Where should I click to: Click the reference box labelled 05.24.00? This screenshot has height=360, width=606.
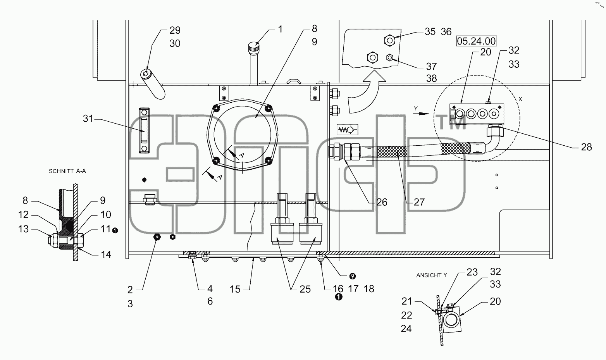point(477,41)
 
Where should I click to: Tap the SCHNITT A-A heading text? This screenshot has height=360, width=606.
point(67,171)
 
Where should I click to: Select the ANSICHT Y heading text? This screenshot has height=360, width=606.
point(432,275)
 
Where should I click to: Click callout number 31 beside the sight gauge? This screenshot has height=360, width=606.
point(88,119)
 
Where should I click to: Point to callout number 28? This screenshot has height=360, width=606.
point(586,147)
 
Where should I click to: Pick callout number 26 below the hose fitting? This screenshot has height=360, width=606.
point(382,202)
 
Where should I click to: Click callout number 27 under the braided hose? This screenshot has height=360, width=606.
point(419,202)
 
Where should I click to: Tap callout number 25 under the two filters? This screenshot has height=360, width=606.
point(305,289)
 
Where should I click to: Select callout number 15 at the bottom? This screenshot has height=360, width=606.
point(235,289)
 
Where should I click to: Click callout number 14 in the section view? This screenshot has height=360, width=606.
point(106,255)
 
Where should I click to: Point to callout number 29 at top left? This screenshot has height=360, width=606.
point(175,30)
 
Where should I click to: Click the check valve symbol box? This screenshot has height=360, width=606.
point(348,130)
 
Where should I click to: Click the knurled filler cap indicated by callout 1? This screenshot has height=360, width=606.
point(253,48)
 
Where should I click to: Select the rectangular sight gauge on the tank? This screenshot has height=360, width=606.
point(144,130)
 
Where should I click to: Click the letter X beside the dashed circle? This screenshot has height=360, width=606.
point(520,99)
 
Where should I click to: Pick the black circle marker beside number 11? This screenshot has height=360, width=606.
point(115,231)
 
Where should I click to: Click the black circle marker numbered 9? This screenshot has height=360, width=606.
point(352,276)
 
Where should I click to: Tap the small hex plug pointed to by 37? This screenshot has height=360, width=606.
point(389,58)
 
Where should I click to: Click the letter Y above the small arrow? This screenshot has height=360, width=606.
point(416,109)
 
